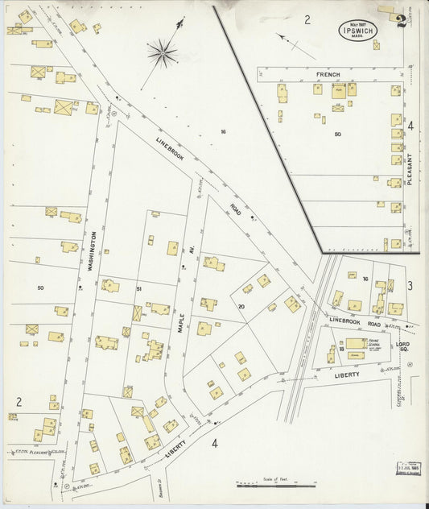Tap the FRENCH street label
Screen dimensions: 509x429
point(328,75)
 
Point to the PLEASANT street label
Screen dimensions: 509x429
point(410,170)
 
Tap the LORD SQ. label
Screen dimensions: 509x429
point(403,347)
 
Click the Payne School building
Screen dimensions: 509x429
point(355,344)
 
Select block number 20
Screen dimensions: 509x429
point(241,307)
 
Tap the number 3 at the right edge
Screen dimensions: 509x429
point(410,286)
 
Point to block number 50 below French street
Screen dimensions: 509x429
point(338,134)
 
